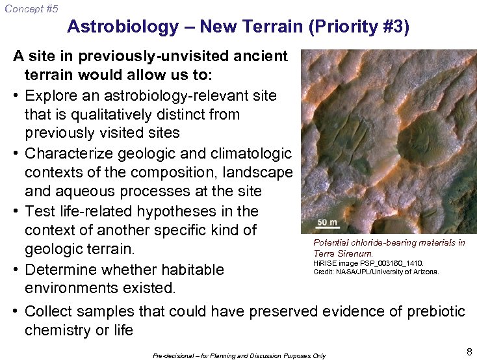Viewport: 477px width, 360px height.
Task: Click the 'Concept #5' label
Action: [31, 8]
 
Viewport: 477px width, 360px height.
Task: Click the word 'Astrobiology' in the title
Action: [123, 27]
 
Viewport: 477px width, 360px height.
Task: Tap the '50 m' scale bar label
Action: [328, 222]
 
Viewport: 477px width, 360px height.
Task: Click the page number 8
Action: [469, 352]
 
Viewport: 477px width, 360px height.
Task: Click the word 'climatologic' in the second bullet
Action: [251, 153]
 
